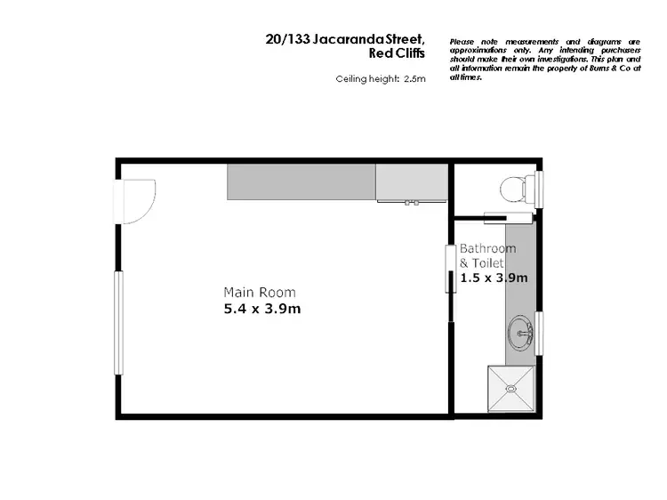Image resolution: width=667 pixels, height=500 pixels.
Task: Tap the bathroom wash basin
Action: (520, 335)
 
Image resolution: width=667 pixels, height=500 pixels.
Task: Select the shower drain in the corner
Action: (510, 388)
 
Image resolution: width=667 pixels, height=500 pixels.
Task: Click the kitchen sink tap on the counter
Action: (412, 202)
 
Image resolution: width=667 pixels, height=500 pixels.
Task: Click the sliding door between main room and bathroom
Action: (450, 269)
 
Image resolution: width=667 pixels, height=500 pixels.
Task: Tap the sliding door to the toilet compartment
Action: (508, 214)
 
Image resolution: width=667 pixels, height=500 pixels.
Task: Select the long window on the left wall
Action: (117, 323)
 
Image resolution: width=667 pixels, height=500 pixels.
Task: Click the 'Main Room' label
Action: (260, 293)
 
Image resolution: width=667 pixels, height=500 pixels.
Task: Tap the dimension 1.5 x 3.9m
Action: (494, 278)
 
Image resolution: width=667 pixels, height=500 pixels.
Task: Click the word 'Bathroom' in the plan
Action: (487, 248)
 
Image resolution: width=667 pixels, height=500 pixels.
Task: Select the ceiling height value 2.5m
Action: (414, 79)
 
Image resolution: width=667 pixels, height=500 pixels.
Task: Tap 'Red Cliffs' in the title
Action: (396, 53)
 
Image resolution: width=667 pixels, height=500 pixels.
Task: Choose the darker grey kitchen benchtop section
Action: (301, 181)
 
